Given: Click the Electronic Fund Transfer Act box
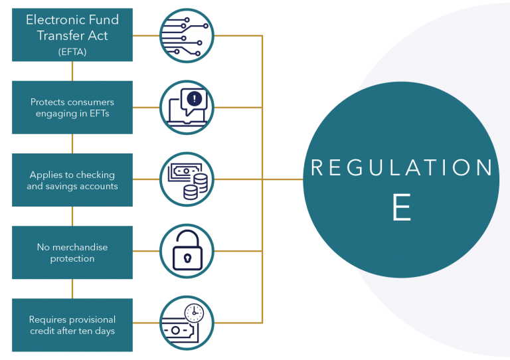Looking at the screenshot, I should click(72, 35).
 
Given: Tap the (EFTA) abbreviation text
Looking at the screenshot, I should click(72, 50).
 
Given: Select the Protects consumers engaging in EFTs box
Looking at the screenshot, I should click(72, 108).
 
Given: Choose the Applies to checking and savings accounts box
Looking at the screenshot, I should click(72, 180).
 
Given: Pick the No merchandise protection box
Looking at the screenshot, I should click(72, 252).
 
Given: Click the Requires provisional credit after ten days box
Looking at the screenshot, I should click(72, 325).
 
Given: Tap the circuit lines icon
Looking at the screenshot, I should click(187, 35).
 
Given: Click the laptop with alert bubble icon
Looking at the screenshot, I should click(187, 108).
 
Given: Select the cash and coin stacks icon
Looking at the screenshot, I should click(187, 180).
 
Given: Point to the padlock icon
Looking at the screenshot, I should click(187, 252).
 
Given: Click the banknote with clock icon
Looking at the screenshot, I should click(187, 324).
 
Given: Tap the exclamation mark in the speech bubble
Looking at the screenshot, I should click(194, 99).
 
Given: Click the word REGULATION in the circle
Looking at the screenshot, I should click(402, 168).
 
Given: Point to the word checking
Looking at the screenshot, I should click(92, 175).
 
